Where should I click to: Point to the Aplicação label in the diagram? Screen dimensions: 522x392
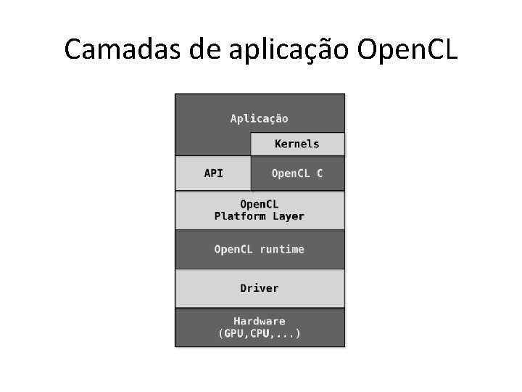[259, 118]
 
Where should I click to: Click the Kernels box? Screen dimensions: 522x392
[297, 144]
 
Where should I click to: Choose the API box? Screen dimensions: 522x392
[213, 173]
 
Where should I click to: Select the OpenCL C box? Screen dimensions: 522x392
[297, 173]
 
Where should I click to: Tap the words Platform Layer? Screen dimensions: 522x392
[260, 216]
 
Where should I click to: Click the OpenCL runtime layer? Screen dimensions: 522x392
[260, 250]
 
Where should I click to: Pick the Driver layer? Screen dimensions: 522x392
[260, 288]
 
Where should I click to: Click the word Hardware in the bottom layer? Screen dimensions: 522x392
[260, 321]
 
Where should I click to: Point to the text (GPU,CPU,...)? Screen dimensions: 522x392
[260, 334]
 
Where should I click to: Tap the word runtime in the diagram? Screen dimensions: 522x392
[282, 250]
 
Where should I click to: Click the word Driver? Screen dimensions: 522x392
[260, 288]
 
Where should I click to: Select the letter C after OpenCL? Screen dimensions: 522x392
[319, 173]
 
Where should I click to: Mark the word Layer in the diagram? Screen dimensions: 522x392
[289, 216]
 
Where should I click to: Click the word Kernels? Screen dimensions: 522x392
[297, 144]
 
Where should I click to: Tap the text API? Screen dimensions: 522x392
[213, 173]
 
